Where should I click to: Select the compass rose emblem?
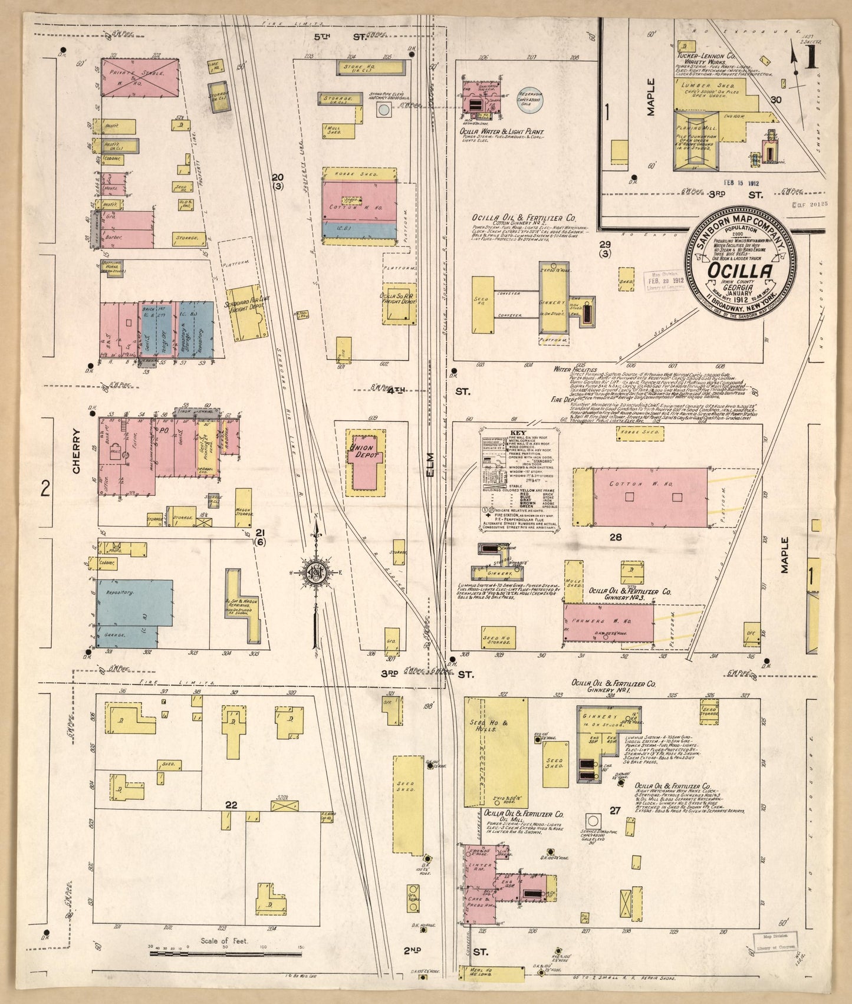[315, 572]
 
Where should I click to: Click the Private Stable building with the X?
[140, 77]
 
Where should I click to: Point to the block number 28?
[616, 537]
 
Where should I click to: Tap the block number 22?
[231, 805]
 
